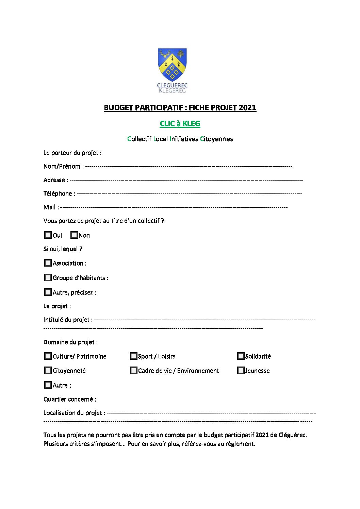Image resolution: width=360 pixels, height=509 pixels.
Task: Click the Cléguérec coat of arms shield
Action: pos(172,65)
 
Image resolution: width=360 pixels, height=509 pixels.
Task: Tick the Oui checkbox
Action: pos(48,235)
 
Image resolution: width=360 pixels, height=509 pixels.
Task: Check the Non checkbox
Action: pos(74,235)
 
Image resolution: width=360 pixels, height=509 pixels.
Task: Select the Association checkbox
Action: pos(48,263)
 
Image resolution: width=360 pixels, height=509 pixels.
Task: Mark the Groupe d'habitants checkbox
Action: pos(48,277)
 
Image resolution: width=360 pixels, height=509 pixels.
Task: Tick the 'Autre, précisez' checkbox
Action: pos(48,292)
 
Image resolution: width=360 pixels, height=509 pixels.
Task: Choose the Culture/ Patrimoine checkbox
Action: pos(48,356)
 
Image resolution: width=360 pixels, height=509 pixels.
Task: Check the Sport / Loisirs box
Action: pos(133,356)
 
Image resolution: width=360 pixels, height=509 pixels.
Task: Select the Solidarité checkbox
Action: pos(241,356)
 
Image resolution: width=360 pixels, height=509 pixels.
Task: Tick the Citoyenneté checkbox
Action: pos(48,370)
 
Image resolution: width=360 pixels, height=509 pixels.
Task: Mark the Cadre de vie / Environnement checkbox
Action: pos(133,370)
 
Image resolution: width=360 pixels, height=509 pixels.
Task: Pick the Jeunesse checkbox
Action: pos(241,370)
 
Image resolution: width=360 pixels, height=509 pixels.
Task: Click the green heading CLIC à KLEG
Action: pos(180,123)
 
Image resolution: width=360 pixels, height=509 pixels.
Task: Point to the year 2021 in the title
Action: pos(247,107)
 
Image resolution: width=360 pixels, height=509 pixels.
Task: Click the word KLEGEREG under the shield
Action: pos(173,91)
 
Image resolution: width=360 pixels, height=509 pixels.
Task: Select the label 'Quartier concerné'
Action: pos(69,399)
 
